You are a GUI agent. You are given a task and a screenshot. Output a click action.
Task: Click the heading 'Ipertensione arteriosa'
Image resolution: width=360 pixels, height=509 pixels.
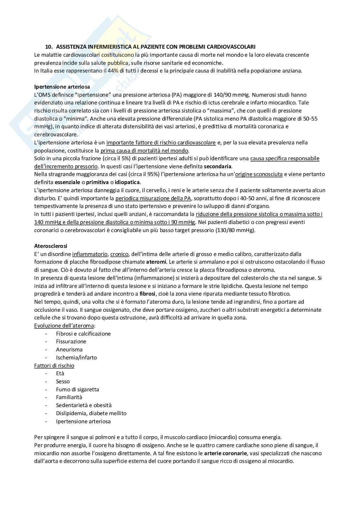tap(62, 87)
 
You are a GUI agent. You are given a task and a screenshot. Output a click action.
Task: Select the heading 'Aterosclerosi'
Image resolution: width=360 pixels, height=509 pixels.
tap(51, 246)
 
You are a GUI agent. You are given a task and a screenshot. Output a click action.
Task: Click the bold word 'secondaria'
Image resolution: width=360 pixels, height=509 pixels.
tap(218, 166)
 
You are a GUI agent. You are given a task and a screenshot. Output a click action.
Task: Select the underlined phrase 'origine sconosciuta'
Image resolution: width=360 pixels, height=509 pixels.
tap(259, 174)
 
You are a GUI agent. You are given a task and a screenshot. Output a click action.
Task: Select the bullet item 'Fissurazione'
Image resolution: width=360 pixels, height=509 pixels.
tap(71, 341)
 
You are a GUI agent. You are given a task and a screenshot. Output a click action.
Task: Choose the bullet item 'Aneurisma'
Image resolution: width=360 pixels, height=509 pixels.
tap(69, 349)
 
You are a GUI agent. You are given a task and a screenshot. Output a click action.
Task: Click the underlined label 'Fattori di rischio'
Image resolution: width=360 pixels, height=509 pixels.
tap(54, 366)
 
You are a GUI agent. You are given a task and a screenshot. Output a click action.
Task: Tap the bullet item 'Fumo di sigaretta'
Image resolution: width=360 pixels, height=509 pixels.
tap(77, 389)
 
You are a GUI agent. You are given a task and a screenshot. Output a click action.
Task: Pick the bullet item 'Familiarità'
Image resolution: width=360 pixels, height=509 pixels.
tap(69, 397)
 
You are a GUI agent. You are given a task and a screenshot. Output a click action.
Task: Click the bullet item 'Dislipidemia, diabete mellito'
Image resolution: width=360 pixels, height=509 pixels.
tap(91, 413)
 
